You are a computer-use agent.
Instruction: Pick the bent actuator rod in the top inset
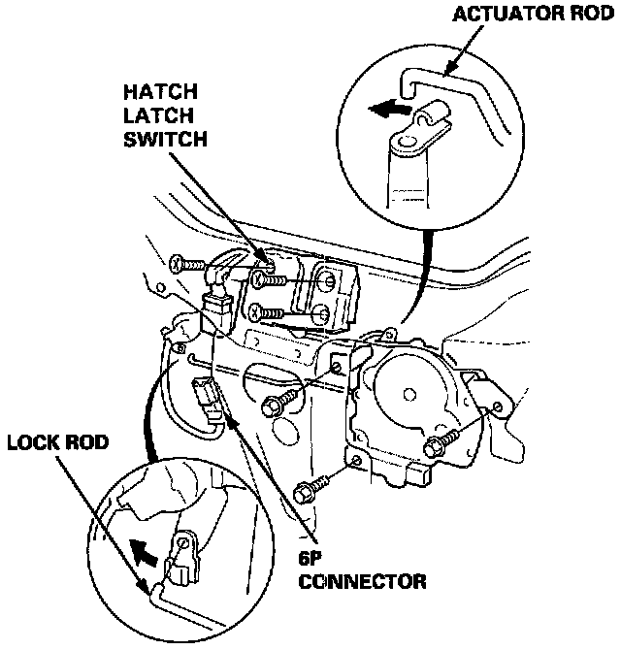(x=456, y=87)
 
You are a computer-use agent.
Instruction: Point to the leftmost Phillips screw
(x=179, y=262)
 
